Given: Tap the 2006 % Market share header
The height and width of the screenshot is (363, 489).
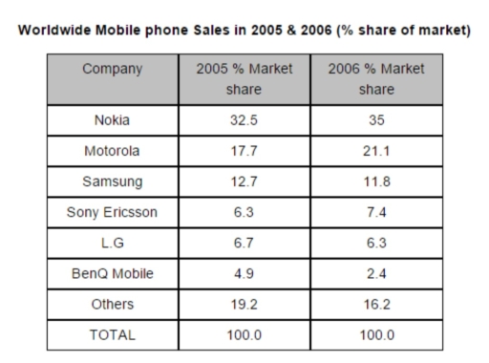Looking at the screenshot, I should coord(374,79).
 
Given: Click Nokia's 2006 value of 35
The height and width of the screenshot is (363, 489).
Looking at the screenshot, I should coord(374,122).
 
